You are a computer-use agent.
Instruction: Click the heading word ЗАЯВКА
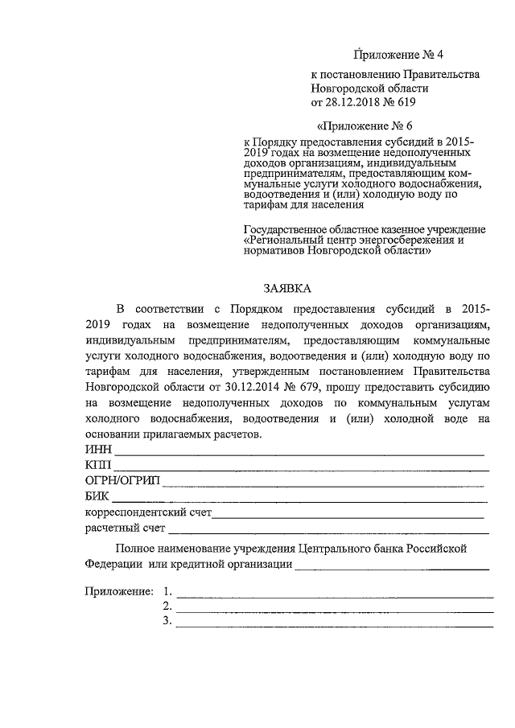pyautogui.click(x=286, y=288)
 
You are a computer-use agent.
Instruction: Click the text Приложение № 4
pyautogui.click(x=399, y=56)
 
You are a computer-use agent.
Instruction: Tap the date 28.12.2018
pyautogui.click(x=352, y=102)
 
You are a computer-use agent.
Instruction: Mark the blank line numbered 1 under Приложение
pyautogui.click(x=335, y=597)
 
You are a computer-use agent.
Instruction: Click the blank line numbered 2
pyautogui.click(x=335, y=611)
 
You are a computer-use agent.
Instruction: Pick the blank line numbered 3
pyautogui.click(x=335, y=626)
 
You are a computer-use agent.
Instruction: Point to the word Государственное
pyautogui.click(x=283, y=228)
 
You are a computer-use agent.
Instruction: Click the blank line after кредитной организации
pyautogui.click(x=393, y=568)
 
